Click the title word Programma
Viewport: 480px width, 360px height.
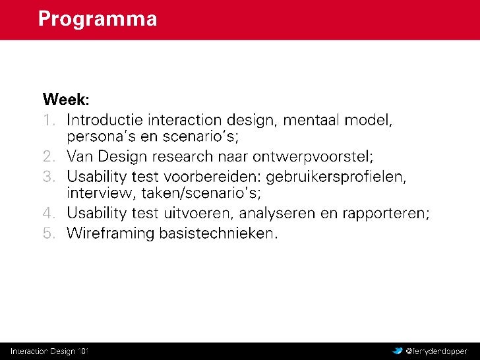pos(98,20)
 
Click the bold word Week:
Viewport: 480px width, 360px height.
pos(66,99)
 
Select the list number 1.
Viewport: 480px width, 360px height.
pos(49,120)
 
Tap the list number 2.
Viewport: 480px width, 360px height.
pos(49,156)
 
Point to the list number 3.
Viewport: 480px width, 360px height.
pos(49,176)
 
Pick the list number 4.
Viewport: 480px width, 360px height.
pos(49,213)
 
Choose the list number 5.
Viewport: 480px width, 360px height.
pos(49,233)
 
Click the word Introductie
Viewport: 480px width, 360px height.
pos(105,120)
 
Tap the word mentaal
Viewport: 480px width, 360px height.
pos(311,120)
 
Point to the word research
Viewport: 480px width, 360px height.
pos(183,156)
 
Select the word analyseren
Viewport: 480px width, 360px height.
pos(277,214)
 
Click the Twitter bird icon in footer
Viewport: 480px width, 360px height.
pos(398,351)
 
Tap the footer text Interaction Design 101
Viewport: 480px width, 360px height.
pos(49,351)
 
